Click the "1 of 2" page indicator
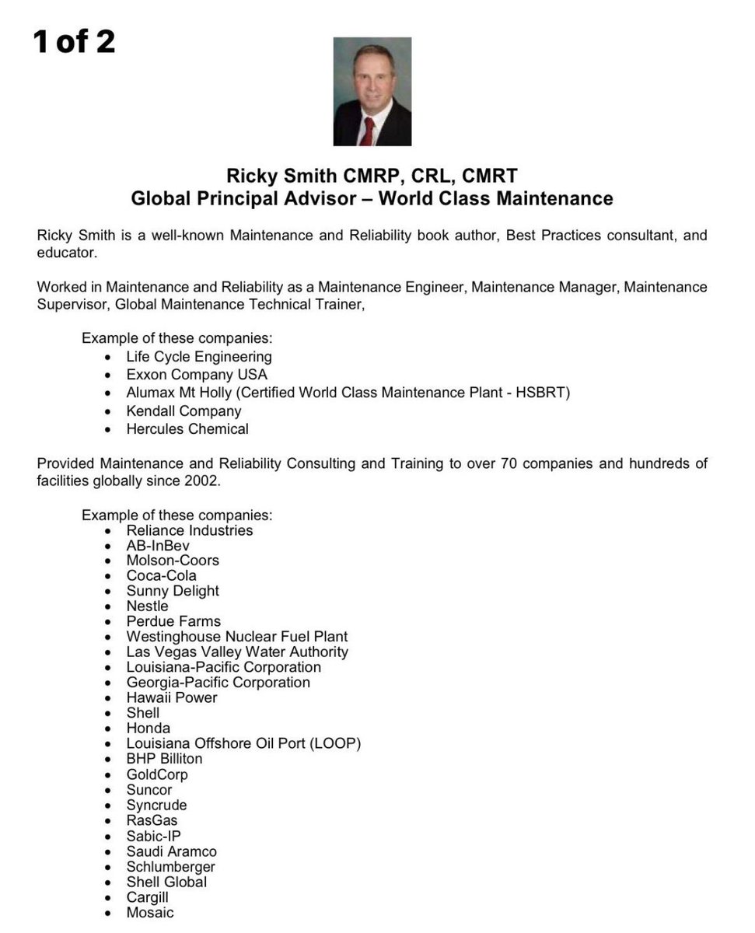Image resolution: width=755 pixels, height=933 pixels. [x=74, y=41]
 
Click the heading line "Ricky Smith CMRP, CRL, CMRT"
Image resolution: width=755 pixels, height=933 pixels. [x=372, y=175]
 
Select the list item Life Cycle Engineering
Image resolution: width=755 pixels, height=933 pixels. [x=199, y=357]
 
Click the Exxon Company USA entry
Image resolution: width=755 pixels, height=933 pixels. [x=197, y=375]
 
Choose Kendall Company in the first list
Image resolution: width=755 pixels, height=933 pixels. [x=184, y=411]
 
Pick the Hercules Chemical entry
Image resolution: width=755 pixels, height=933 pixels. [x=187, y=428]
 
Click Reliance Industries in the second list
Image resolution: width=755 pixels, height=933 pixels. [x=190, y=530]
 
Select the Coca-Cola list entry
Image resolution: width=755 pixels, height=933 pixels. [x=162, y=575]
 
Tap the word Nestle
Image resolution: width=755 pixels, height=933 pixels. [x=147, y=606]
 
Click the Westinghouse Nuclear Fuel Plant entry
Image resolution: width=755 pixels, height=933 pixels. [x=237, y=636]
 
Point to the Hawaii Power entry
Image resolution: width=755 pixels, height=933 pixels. [x=172, y=697]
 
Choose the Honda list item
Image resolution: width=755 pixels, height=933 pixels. [x=148, y=728]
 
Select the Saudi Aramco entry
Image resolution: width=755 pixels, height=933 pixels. [x=172, y=851]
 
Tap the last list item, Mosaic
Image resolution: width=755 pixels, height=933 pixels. [x=150, y=912]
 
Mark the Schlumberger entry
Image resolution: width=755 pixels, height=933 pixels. [x=171, y=866]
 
